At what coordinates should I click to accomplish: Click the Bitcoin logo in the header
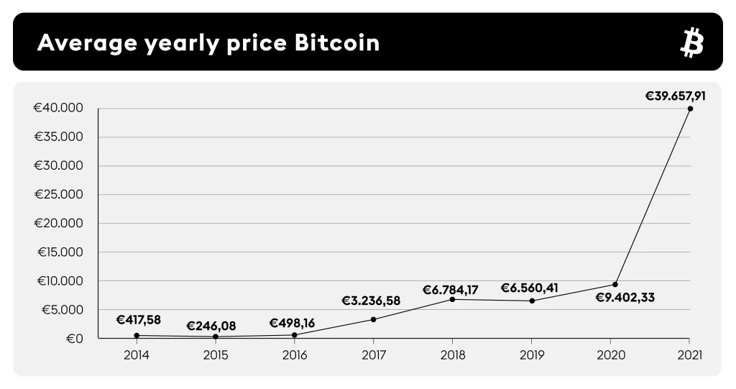pyautogui.click(x=691, y=43)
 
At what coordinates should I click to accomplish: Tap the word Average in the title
pyautogui.click(x=86, y=43)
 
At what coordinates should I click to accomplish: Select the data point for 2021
pyautogui.click(x=690, y=109)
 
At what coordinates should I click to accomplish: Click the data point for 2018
pyautogui.click(x=452, y=299)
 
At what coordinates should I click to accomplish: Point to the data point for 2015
pyautogui.click(x=216, y=337)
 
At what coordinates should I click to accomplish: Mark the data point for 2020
pyautogui.click(x=615, y=284)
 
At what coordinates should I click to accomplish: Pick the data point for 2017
pyautogui.click(x=373, y=319)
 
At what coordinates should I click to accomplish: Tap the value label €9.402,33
pyautogui.click(x=625, y=297)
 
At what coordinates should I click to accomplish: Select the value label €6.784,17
pyautogui.click(x=450, y=290)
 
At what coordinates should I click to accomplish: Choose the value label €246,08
pyautogui.click(x=211, y=326)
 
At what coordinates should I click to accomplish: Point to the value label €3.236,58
pyautogui.click(x=371, y=301)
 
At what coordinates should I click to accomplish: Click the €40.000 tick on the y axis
pyautogui.click(x=58, y=109)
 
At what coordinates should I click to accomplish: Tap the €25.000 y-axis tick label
pyautogui.click(x=58, y=195)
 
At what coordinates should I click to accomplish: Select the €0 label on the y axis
pyautogui.click(x=75, y=338)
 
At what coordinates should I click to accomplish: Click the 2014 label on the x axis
pyautogui.click(x=137, y=354)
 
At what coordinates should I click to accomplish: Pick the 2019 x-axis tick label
pyautogui.click(x=531, y=354)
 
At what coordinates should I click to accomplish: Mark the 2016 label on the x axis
pyautogui.click(x=294, y=354)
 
